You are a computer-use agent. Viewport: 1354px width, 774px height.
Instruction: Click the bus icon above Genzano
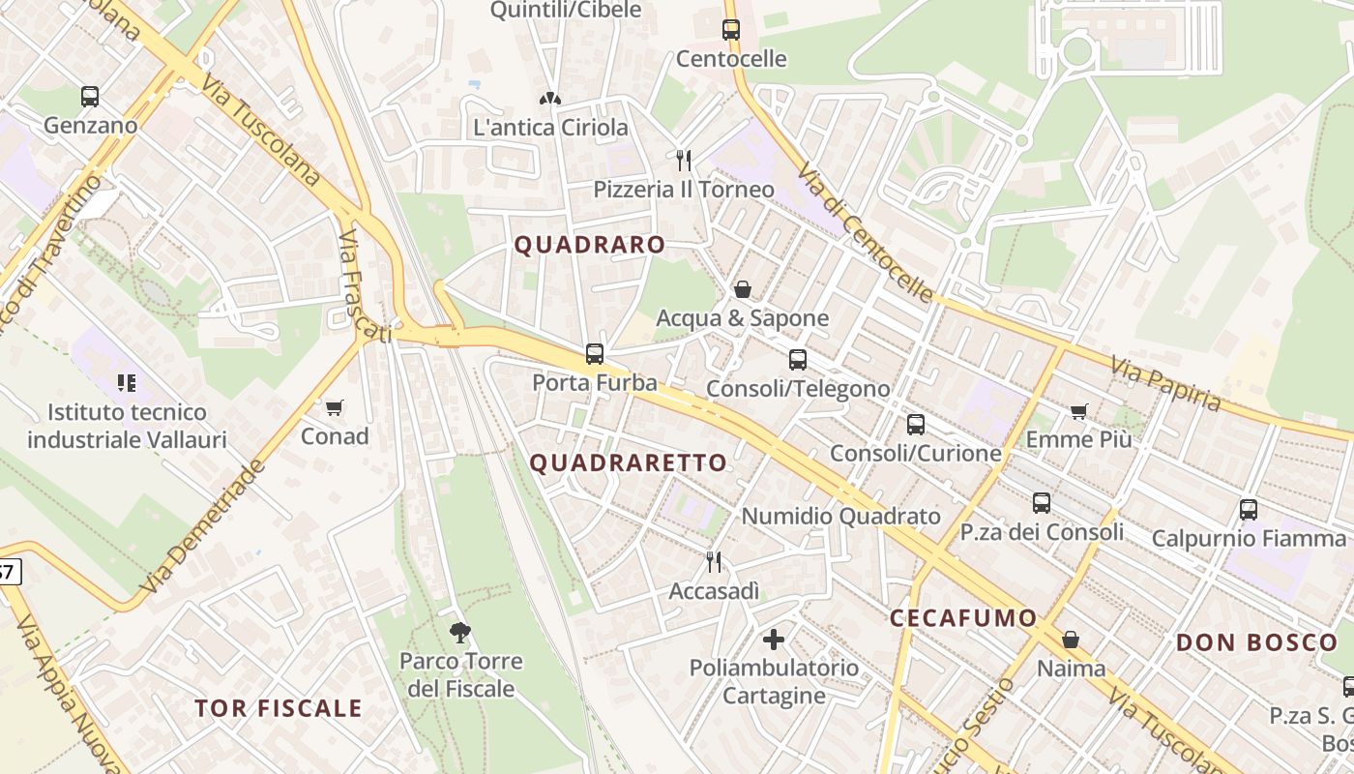point(90,97)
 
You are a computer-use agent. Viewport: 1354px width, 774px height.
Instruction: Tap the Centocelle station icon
point(731,30)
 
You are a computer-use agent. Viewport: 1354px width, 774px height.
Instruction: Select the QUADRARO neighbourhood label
point(589,245)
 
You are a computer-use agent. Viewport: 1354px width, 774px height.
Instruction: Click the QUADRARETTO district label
point(629,462)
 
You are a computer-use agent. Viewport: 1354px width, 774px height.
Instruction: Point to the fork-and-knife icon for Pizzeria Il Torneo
point(684,160)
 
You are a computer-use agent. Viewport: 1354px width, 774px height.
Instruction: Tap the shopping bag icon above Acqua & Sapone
point(743,289)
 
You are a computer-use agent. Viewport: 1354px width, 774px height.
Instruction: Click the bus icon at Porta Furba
point(595,354)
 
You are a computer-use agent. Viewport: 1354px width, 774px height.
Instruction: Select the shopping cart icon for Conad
point(335,407)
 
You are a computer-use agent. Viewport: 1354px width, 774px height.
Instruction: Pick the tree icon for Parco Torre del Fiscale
point(460,633)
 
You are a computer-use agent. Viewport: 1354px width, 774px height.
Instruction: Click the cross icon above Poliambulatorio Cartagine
point(774,639)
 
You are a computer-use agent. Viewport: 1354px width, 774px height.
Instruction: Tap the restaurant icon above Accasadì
point(714,561)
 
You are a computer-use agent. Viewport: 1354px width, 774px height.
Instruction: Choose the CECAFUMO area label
point(962,617)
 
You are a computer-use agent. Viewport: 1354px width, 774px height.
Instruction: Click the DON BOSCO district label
point(1256,641)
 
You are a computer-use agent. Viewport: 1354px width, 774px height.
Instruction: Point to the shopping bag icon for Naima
point(1071,640)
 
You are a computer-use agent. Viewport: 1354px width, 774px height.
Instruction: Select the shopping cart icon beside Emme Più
point(1079,411)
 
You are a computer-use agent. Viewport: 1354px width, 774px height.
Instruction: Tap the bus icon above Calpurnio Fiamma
point(1249,509)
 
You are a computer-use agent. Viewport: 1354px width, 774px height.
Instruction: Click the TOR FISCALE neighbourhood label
point(279,708)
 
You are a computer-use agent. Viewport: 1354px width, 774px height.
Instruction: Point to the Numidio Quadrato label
point(840,516)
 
